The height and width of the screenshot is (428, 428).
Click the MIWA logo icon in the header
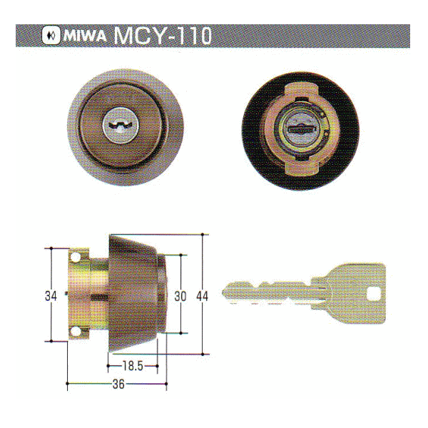click(51, 35)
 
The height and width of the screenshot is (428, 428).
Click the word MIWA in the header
click(83, 35)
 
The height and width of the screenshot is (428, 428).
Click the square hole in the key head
click(373, 292)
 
